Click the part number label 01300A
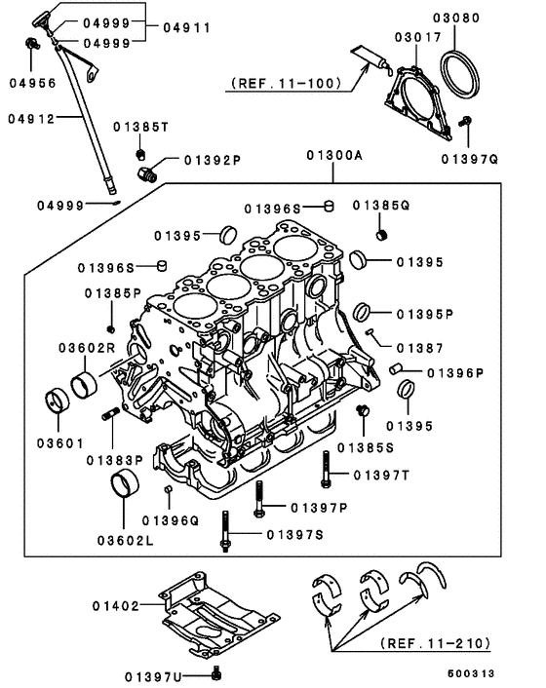point(334,155)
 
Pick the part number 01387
point(419,346)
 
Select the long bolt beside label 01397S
point(225,535)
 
